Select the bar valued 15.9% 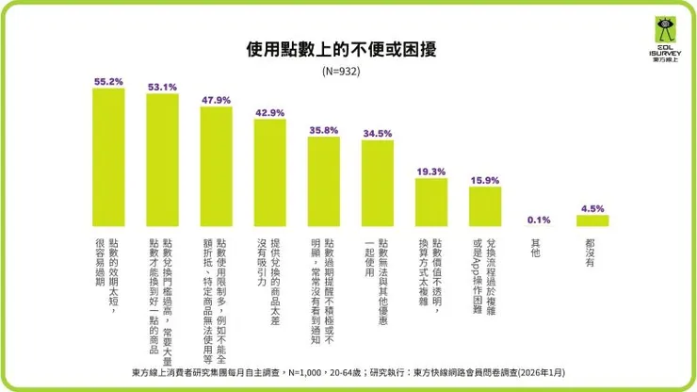click(484, 206)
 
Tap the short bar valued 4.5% click(592, 220)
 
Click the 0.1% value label click(539, 220)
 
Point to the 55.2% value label click(108, 81)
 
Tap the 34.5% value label click(377, 133)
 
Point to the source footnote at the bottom click(348, 373)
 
